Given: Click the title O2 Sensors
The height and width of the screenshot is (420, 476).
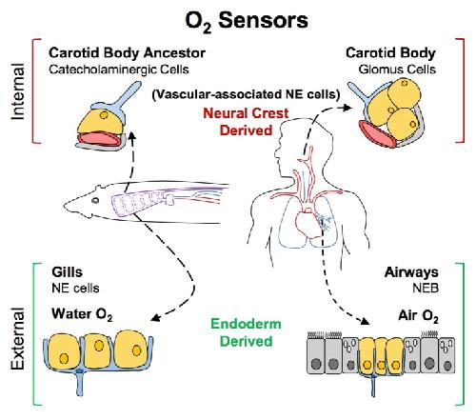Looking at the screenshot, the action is coord(247,21).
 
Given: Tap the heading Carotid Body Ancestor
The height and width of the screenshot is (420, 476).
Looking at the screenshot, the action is coord(127,52).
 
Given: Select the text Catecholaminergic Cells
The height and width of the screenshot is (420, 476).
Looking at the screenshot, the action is coord(119,70).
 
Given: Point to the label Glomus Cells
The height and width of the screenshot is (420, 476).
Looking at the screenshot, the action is coord(397,70).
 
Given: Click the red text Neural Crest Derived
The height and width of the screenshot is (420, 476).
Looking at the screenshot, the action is coord(246,122).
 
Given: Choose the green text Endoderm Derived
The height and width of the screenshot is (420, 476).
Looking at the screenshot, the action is coord(246,332).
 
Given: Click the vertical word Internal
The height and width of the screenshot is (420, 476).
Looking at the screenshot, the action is coord(18,91).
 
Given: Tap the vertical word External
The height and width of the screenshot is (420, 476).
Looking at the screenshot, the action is coord(18,338).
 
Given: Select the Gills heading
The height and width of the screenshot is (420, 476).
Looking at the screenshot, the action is coord(67,272).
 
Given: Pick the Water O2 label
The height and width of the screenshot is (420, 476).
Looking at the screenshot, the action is coord(82,314).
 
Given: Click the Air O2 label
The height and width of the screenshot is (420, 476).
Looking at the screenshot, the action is coord(418,316).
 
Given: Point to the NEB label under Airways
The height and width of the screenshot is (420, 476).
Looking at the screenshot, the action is coord(426,288).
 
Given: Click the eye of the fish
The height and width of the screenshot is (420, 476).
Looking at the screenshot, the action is coord(95,200).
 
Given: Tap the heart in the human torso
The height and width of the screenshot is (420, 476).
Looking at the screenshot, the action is coord(308,224).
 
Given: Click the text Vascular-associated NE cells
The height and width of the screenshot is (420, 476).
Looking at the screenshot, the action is coord(246,94).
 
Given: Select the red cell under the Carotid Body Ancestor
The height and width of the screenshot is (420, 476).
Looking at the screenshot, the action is coord(99,139).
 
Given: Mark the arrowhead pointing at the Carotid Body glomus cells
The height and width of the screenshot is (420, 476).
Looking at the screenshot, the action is coord(347,108).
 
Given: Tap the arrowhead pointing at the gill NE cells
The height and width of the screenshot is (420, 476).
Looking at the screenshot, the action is coord(154,317).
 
